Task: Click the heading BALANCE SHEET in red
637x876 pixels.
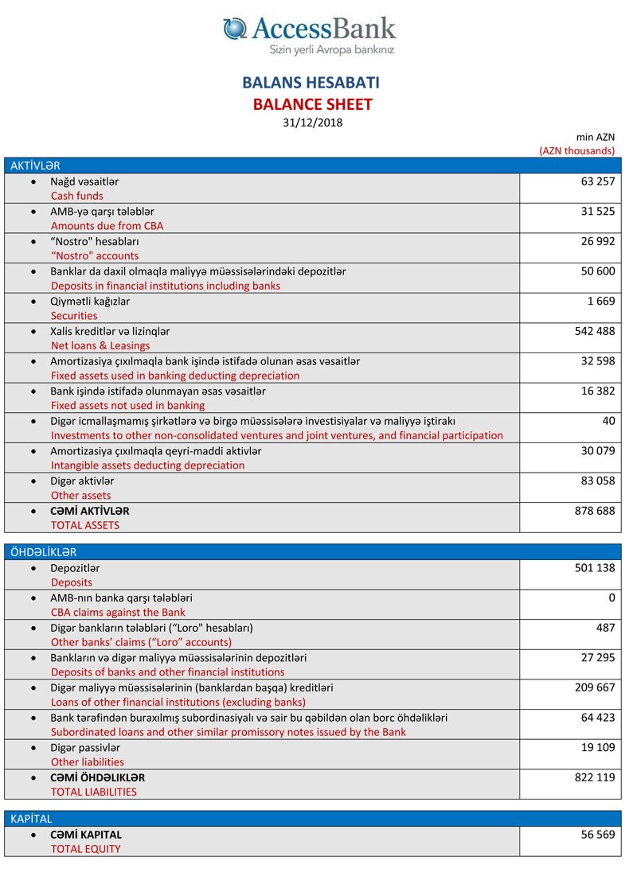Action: point(313,103)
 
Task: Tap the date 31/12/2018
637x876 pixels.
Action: point(313,122)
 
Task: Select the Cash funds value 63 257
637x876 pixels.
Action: point(598,181)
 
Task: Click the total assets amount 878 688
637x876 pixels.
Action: point(595,511)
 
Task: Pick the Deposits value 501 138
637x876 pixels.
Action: point(595,568)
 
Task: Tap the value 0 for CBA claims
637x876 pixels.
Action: point(612,598)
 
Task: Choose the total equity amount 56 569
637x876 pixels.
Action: point(598,835)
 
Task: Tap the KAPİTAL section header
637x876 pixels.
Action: point(32,818)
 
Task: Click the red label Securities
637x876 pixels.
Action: point(74,316)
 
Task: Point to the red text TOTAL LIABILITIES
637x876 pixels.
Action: point(94,792)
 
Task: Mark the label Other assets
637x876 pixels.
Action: point(81,496)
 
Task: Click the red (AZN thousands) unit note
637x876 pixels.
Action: point(577,150)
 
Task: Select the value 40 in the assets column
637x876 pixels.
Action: point(608,421)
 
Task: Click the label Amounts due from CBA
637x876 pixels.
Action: point(107,226)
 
